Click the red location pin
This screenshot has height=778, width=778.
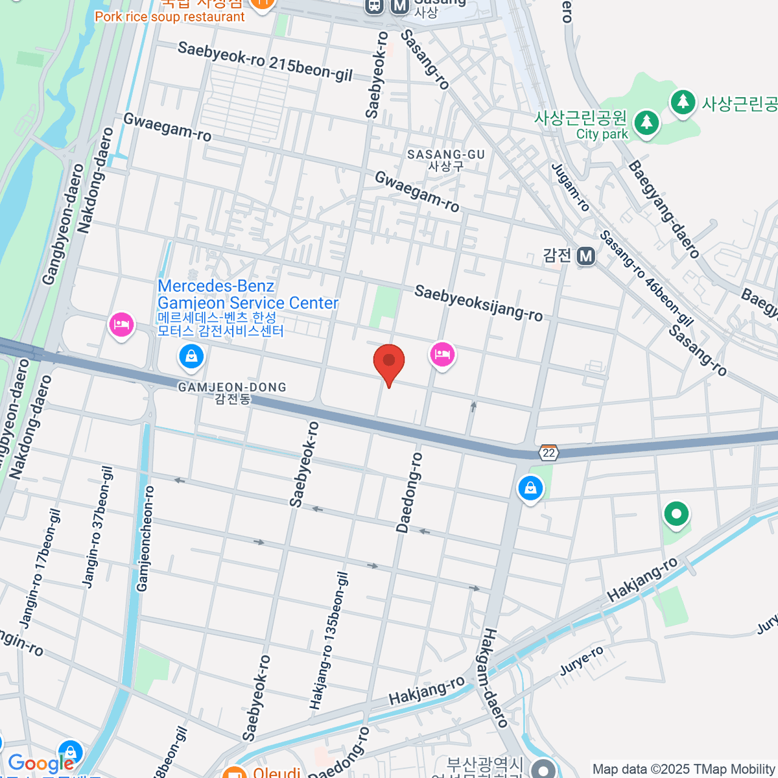pos(389,361)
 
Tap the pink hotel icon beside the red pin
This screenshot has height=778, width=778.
pos(442,355)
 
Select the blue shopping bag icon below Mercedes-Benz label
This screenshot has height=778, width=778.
pos(191,356)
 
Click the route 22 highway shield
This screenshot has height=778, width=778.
pos(549,453)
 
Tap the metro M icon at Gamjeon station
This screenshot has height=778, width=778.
pos(586,256)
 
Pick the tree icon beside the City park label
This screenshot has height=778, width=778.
pos(646,122)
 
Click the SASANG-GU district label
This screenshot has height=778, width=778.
pos(446,159)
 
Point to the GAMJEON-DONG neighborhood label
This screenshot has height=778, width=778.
pos(232,392)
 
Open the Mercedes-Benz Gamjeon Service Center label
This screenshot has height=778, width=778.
pos(248,295)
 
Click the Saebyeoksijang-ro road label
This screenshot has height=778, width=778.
pos(478,303)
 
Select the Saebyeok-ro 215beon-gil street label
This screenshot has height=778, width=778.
pos(265,62)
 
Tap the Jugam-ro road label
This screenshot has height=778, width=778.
pos(571,187)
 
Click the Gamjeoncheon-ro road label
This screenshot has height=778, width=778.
pos(146,538)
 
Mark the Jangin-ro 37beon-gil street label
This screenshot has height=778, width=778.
pos(98,526)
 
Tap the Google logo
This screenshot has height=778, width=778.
pos(40,763)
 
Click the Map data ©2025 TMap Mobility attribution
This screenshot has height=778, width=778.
pos(683,770)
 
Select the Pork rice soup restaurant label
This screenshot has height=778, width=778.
pos(170,17)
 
